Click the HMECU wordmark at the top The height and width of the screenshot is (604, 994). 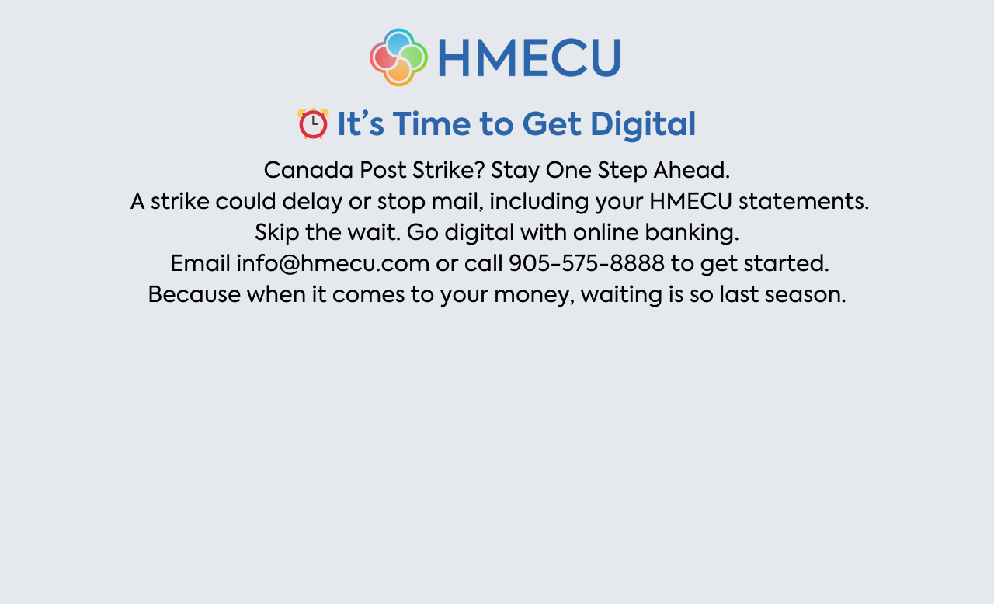(529, 57)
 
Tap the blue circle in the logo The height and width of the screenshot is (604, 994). (398, 43)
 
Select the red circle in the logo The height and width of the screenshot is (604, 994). (384, 57)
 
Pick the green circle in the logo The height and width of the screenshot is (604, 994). (413, 57)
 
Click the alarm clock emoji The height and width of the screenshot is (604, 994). (313, 123)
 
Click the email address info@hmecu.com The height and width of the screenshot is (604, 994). (333, 263)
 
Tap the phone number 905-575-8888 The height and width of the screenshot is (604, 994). (586, 263)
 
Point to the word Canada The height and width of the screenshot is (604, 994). (308, 170)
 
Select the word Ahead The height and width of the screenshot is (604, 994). (691, 170)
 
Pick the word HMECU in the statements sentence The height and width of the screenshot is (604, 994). (690, 201)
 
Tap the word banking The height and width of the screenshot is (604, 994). (692, 233)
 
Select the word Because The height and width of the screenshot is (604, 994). (194, 294)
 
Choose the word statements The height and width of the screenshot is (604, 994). (804, 202)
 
